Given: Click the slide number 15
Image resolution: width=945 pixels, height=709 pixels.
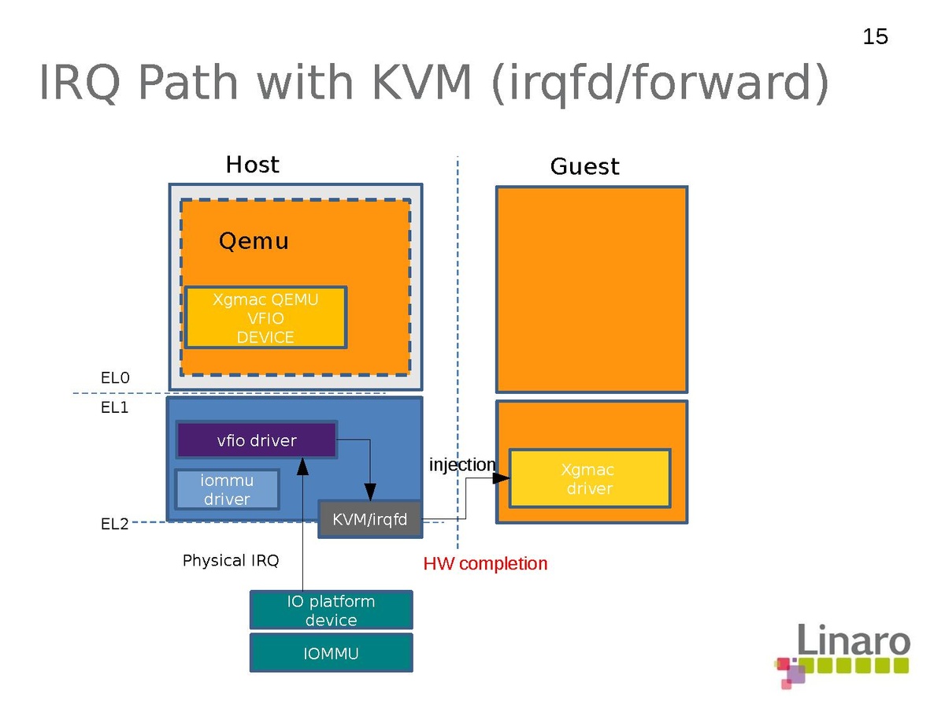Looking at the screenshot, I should click(875, 36).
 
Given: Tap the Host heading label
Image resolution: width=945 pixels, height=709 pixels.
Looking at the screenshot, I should click(252, 165).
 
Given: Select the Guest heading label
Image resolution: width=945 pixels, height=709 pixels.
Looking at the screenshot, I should click(584, 166).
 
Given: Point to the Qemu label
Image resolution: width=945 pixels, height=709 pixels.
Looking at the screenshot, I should click(254, 241).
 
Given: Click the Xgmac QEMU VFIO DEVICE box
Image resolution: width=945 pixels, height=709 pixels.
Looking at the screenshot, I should click(265, 318).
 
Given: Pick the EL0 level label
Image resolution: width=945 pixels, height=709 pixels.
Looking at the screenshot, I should click(114, 378).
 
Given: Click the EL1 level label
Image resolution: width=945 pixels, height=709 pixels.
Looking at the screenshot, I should click(114, 408).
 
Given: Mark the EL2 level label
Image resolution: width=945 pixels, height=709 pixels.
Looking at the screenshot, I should click(114, 524).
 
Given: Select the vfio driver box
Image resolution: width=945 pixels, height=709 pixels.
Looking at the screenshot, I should click(257, 440).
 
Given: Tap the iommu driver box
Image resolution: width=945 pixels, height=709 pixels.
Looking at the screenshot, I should click(227, 489).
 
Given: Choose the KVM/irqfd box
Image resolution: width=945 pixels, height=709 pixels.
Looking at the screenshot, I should click(369, 520).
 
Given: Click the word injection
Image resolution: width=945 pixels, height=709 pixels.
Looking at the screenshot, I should click(461, 465).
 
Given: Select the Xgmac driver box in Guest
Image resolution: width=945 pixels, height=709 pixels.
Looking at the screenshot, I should click(589, 479).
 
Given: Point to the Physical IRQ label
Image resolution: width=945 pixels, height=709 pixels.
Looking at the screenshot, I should click(230, 561).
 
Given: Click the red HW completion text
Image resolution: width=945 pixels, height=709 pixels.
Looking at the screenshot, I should click(485, 564).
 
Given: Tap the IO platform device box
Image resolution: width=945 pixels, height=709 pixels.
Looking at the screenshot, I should click(331, 611).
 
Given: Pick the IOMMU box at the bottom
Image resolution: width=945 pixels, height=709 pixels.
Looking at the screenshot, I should click(331, 653).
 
